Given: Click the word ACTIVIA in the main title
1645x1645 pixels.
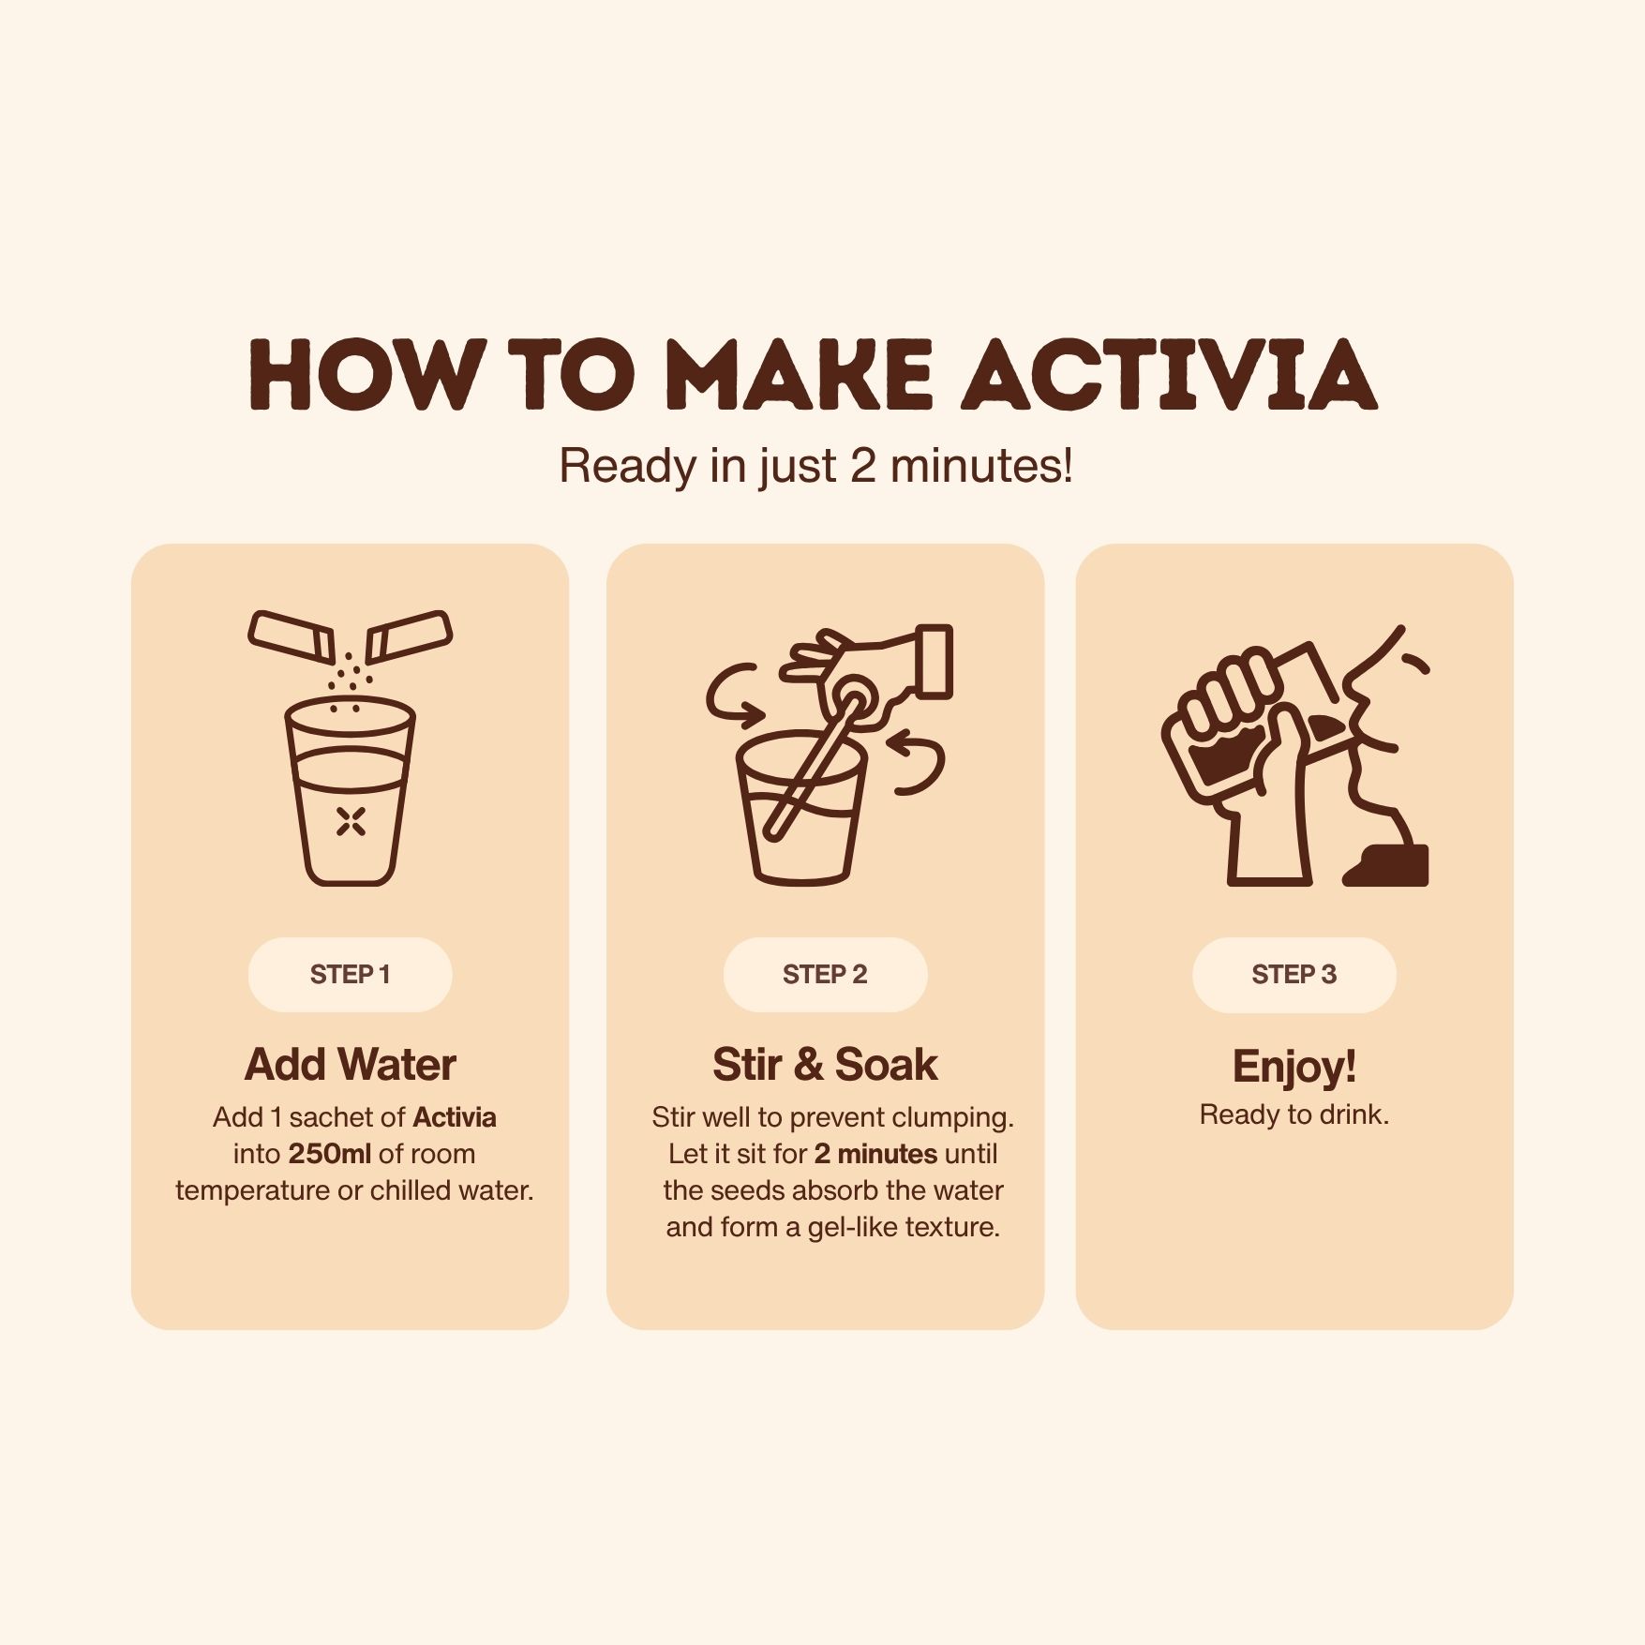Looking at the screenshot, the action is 1171,375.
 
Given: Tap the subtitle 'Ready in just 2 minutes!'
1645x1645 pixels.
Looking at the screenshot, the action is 815,466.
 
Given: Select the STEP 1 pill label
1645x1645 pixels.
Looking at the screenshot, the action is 350,975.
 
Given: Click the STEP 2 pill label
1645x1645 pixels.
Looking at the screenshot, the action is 825,975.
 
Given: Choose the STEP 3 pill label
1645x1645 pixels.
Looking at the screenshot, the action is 1294,975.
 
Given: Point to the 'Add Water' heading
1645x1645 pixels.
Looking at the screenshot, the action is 350,1065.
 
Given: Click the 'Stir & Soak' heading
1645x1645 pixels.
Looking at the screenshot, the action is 825,1065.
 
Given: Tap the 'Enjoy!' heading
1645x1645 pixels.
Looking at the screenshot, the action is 1294,1067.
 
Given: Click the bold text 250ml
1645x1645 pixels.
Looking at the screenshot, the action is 329,1154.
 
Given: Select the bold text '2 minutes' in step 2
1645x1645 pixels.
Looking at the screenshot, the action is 875,1154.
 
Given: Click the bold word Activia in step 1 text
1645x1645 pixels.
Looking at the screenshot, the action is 455,1117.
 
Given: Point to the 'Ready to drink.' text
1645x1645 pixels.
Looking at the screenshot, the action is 1294,1114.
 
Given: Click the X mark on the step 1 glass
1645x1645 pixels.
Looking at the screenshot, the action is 351,821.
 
